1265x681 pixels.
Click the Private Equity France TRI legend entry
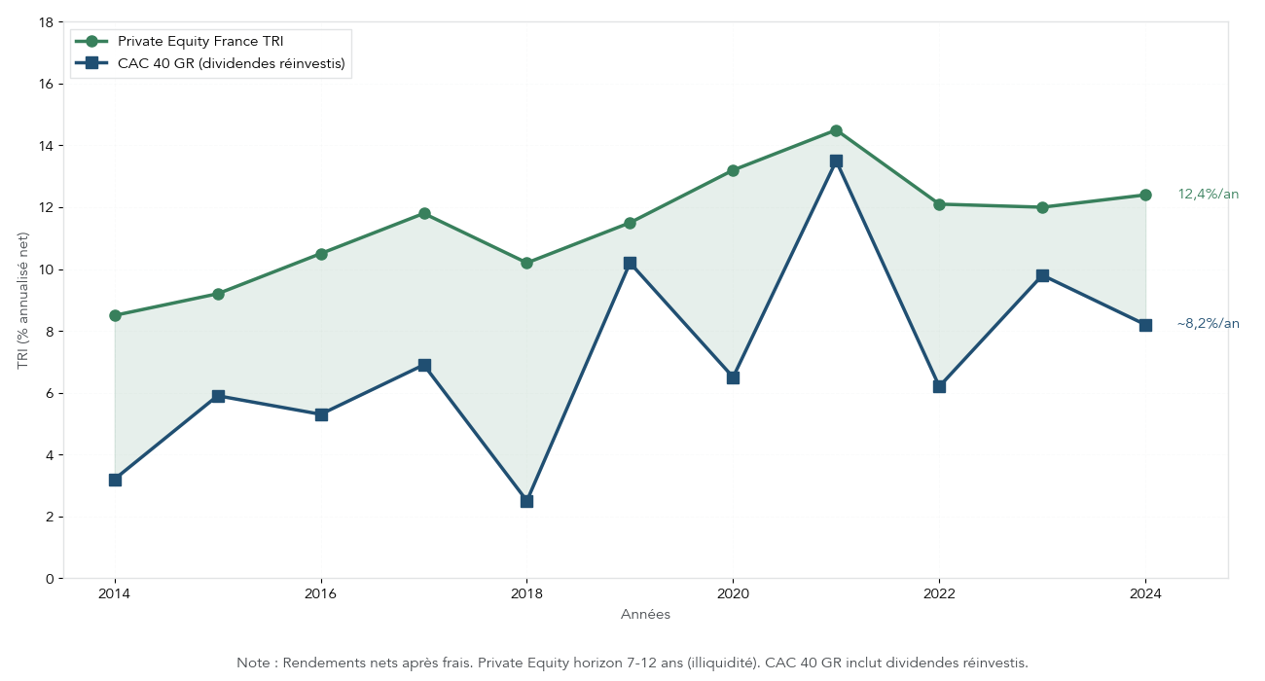(x=200, y=41)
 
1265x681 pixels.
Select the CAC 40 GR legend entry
(x=232, y=63)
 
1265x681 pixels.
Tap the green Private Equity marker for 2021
(x=836, y=130)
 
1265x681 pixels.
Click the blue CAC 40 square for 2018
(x=526, y=501)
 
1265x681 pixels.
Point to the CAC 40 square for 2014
(x=115, y=480)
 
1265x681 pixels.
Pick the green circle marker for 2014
(x=115, y=315)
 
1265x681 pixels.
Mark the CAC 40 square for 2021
(x=836, y=161)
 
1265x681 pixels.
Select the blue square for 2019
(x=630, y=263)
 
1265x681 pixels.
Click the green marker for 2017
(x=424, y=213)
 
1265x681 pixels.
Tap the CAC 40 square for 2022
(x=939, y=386)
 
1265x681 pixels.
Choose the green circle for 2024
(x=1145, y=195)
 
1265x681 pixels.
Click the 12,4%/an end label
(x=1208, y=195)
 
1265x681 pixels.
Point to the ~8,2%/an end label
(x=1208, y=324)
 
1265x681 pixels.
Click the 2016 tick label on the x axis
(x=321, y=593)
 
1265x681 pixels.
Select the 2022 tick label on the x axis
(x=939, y=593)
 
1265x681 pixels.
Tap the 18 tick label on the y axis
(x=46, y=22)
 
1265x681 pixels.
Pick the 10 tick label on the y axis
(x=46, y=269)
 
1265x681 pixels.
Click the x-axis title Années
(x=645, y=615)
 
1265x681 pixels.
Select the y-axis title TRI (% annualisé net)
(x=23, y=301)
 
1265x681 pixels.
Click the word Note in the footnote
(x=253, y=663)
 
